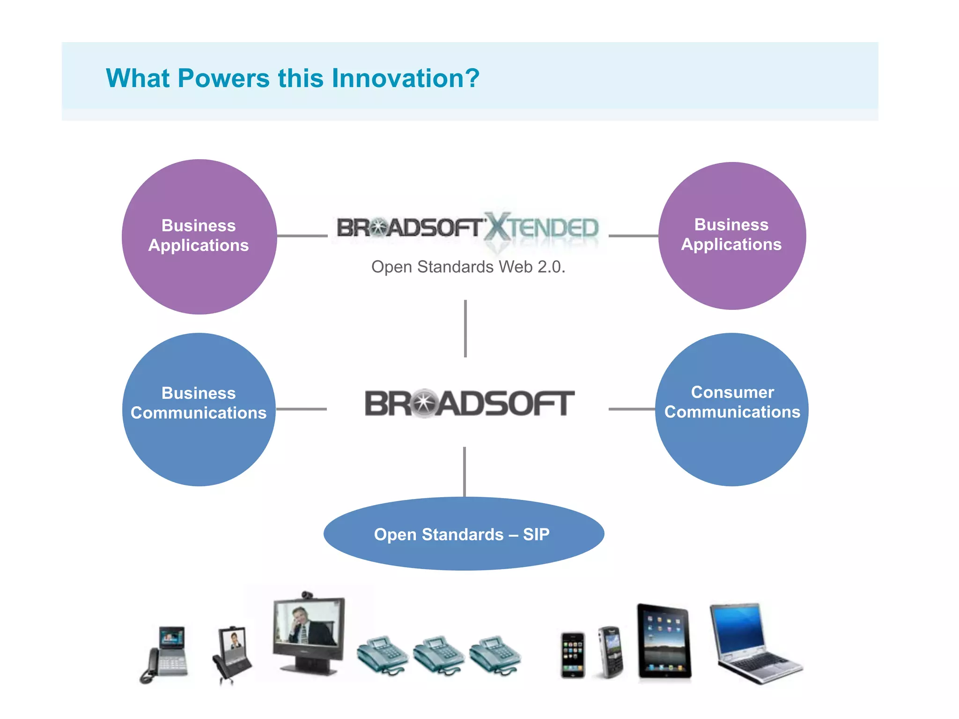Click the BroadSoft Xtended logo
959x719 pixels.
pyautogui.click(x=467, y=228)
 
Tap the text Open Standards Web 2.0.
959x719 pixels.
pyautogui.click(x=468, y=267)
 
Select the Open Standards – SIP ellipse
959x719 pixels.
pyautogui.click(x=464, y=534)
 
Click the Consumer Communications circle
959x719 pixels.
pyautogui.click(x=732, y=410)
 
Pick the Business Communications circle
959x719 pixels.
pyautogui.click(x=199, y=410)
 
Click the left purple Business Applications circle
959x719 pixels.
pyautogui.click(x=199, y=237)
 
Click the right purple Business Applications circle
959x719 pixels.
pyautogui.click(x=732, y=236)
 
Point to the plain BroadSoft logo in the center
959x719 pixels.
pyautogui.click(x=470, y=404)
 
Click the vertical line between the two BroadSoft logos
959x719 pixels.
pyautogui.click(x=465, y=329)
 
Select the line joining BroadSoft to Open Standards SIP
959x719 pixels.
pyautogui.click(x=464, y=471)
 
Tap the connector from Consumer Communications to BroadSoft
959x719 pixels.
pyautogui.click(x=632, y=409)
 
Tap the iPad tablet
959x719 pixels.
pyautogui.click(x=664, y=641)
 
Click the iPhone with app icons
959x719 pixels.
pyautogui.click(x=573, y=655)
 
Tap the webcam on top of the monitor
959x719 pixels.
pyautogui.click(x=307, y=595)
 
